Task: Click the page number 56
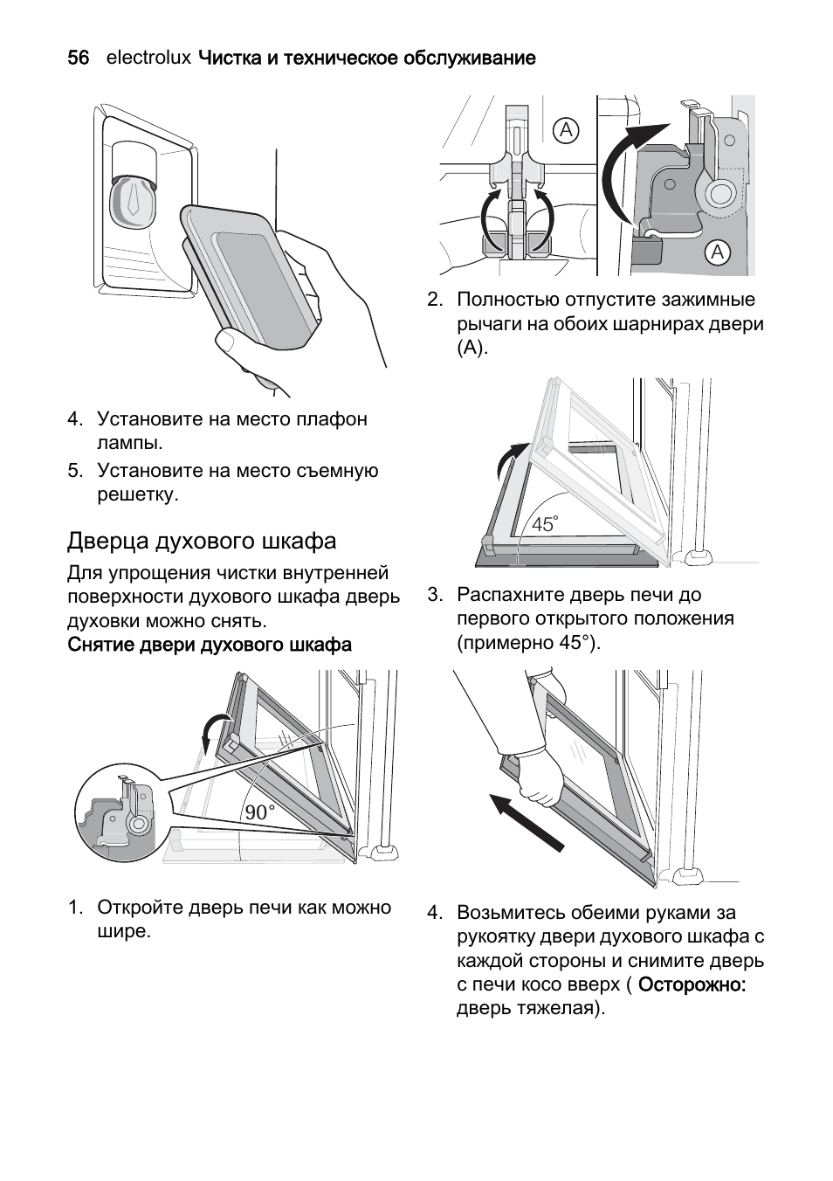[x=78, y=59]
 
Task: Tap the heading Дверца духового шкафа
[x=202, y=541]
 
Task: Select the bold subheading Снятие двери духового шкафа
[x=210, y=645]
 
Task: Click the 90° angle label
[x=259, y=812]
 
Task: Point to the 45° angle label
[x=544, y=524]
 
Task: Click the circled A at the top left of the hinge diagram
[x=566, y=131]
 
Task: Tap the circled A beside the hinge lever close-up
[x=717, y=252]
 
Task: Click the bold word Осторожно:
[x=692, y=984]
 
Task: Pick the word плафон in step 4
[x=336, y=419]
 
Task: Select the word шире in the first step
[x=121, y=931]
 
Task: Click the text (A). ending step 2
[x=472, y=348]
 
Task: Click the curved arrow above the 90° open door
[x=211, y=730]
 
